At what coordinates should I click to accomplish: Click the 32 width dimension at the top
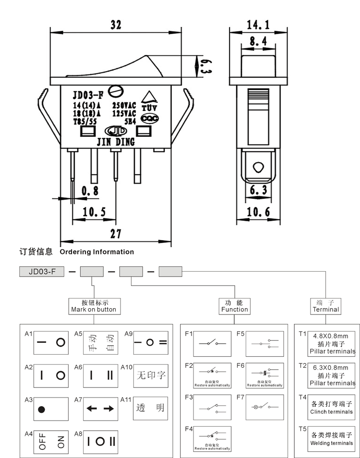point(116,25)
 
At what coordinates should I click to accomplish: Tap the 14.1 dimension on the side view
point(258,24)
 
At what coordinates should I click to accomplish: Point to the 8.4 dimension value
point(258,42)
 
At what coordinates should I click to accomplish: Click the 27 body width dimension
point(116,234)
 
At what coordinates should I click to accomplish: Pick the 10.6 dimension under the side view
point(258,212)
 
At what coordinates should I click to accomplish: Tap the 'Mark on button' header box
point(93,306)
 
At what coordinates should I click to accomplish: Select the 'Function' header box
point(234,306)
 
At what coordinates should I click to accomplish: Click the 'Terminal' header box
point(325,306)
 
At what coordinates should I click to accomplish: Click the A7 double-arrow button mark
point(101,409)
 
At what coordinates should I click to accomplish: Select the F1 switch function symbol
point(212,343)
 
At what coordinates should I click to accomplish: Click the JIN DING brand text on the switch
point(116,142)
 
